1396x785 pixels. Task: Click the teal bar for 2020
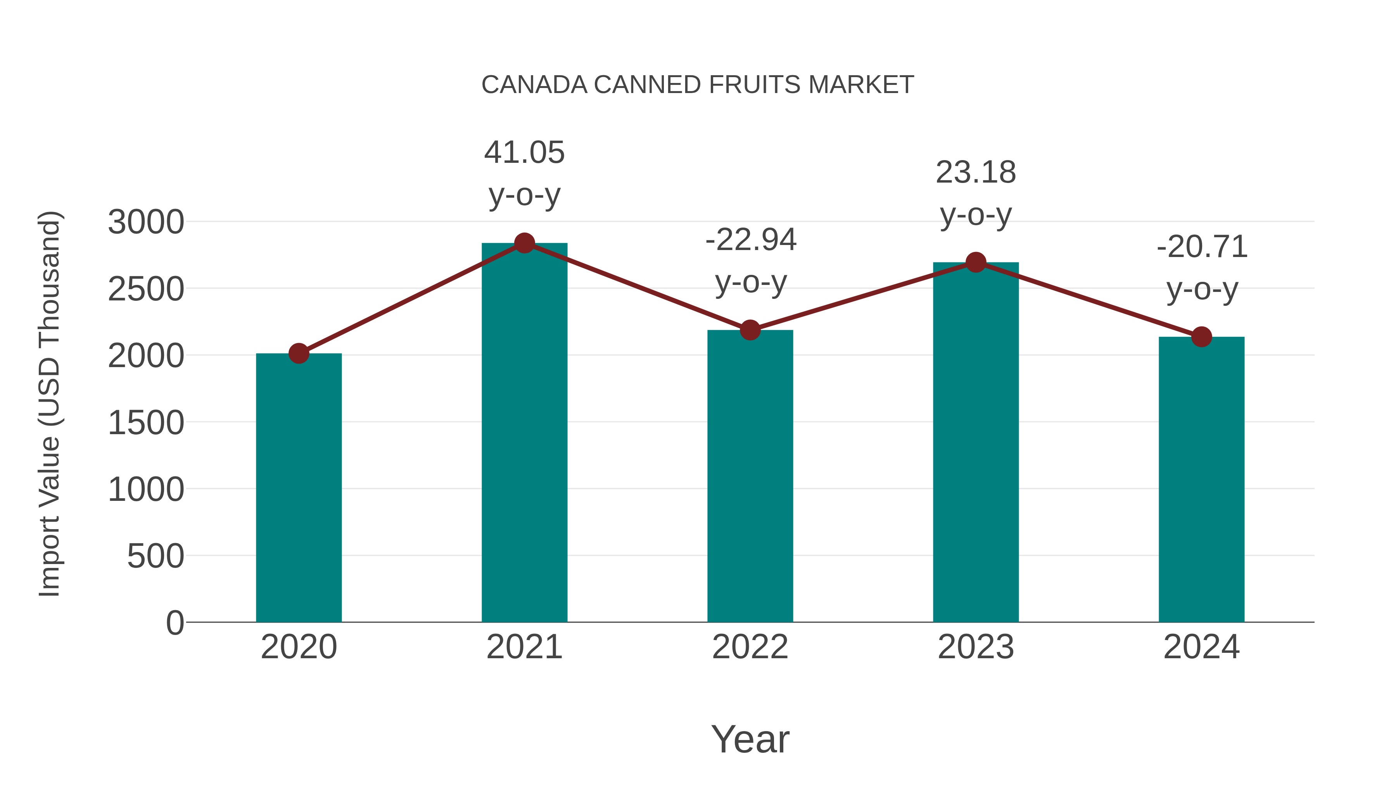(299, 488)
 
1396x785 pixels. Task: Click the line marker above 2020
(299, 353)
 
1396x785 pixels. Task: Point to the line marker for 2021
(524, 243)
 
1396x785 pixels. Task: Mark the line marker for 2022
(750, 330)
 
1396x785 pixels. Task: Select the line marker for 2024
(1201, 337)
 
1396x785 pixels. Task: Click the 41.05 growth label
(524, 153)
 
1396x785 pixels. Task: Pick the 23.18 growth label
(976, 173)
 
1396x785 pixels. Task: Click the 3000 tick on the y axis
(146, 222)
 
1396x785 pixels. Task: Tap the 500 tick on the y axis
(155, 556)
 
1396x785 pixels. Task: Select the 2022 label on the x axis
(750, 647)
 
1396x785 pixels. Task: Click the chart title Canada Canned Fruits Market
(698, 85)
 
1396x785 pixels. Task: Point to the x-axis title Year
(750, 740)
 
